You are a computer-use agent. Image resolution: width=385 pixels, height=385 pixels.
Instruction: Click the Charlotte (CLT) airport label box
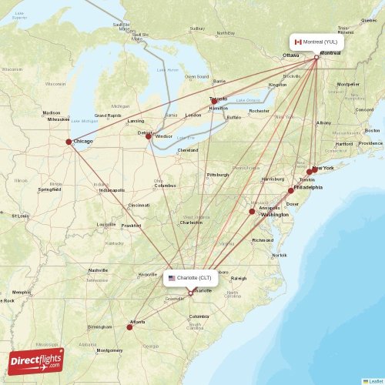190,277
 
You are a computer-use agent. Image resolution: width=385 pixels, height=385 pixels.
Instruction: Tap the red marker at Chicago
69,142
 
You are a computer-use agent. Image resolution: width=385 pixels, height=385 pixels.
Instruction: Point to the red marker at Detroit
149,136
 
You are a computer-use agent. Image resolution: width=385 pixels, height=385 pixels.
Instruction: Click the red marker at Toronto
215,100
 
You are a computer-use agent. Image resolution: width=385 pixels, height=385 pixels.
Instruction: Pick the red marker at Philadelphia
291,190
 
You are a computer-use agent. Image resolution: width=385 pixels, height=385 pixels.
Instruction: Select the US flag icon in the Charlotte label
172,277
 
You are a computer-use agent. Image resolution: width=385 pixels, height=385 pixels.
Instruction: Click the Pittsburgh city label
218,175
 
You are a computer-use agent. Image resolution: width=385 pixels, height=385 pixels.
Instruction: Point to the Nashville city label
98,270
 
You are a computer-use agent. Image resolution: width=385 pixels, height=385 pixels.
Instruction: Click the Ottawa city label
290,55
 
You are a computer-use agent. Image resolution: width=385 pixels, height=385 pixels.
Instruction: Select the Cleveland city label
188,150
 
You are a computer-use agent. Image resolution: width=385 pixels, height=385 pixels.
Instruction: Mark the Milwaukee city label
59,119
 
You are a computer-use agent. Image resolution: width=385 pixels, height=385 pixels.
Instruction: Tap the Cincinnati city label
139,206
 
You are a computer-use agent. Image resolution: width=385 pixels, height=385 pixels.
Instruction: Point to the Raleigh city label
239,279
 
